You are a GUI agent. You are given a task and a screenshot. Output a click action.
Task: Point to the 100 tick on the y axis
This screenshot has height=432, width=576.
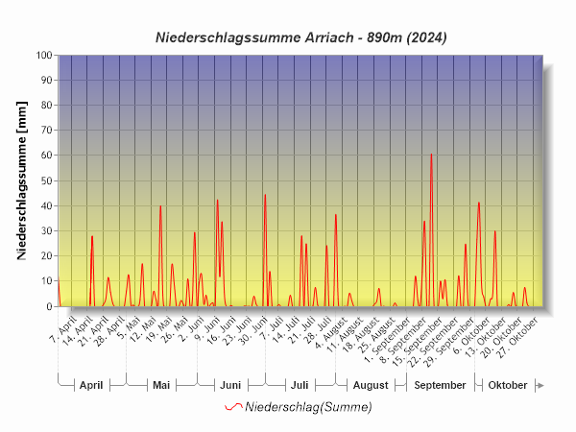pos(43,56)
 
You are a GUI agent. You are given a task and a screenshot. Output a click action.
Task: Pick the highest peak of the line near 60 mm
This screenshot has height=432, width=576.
pos(431,155)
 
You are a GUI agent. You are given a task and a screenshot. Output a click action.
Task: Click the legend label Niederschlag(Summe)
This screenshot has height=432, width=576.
pos(308,407)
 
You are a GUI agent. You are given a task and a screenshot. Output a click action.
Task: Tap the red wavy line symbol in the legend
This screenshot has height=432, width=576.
pos(233,407)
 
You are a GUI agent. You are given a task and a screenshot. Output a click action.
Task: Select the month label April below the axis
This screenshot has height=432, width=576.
pos(91,385)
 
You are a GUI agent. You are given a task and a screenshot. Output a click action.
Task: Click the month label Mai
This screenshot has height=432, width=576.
pos(161,385)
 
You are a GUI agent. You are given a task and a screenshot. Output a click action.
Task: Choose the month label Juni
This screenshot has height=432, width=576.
pos(230,385)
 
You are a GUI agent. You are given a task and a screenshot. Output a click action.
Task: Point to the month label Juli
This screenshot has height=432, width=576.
pos(300,385)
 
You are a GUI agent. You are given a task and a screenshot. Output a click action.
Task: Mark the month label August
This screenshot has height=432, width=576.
pos(371,385)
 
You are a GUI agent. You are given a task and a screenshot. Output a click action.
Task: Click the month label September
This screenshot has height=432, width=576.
pos(440,385)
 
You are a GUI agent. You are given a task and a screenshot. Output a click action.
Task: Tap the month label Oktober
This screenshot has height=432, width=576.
pos(508,385)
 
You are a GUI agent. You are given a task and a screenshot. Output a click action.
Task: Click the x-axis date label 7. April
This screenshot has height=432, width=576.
pos(63,332)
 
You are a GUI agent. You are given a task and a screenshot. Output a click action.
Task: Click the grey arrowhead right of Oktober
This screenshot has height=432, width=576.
pos(540,385)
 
